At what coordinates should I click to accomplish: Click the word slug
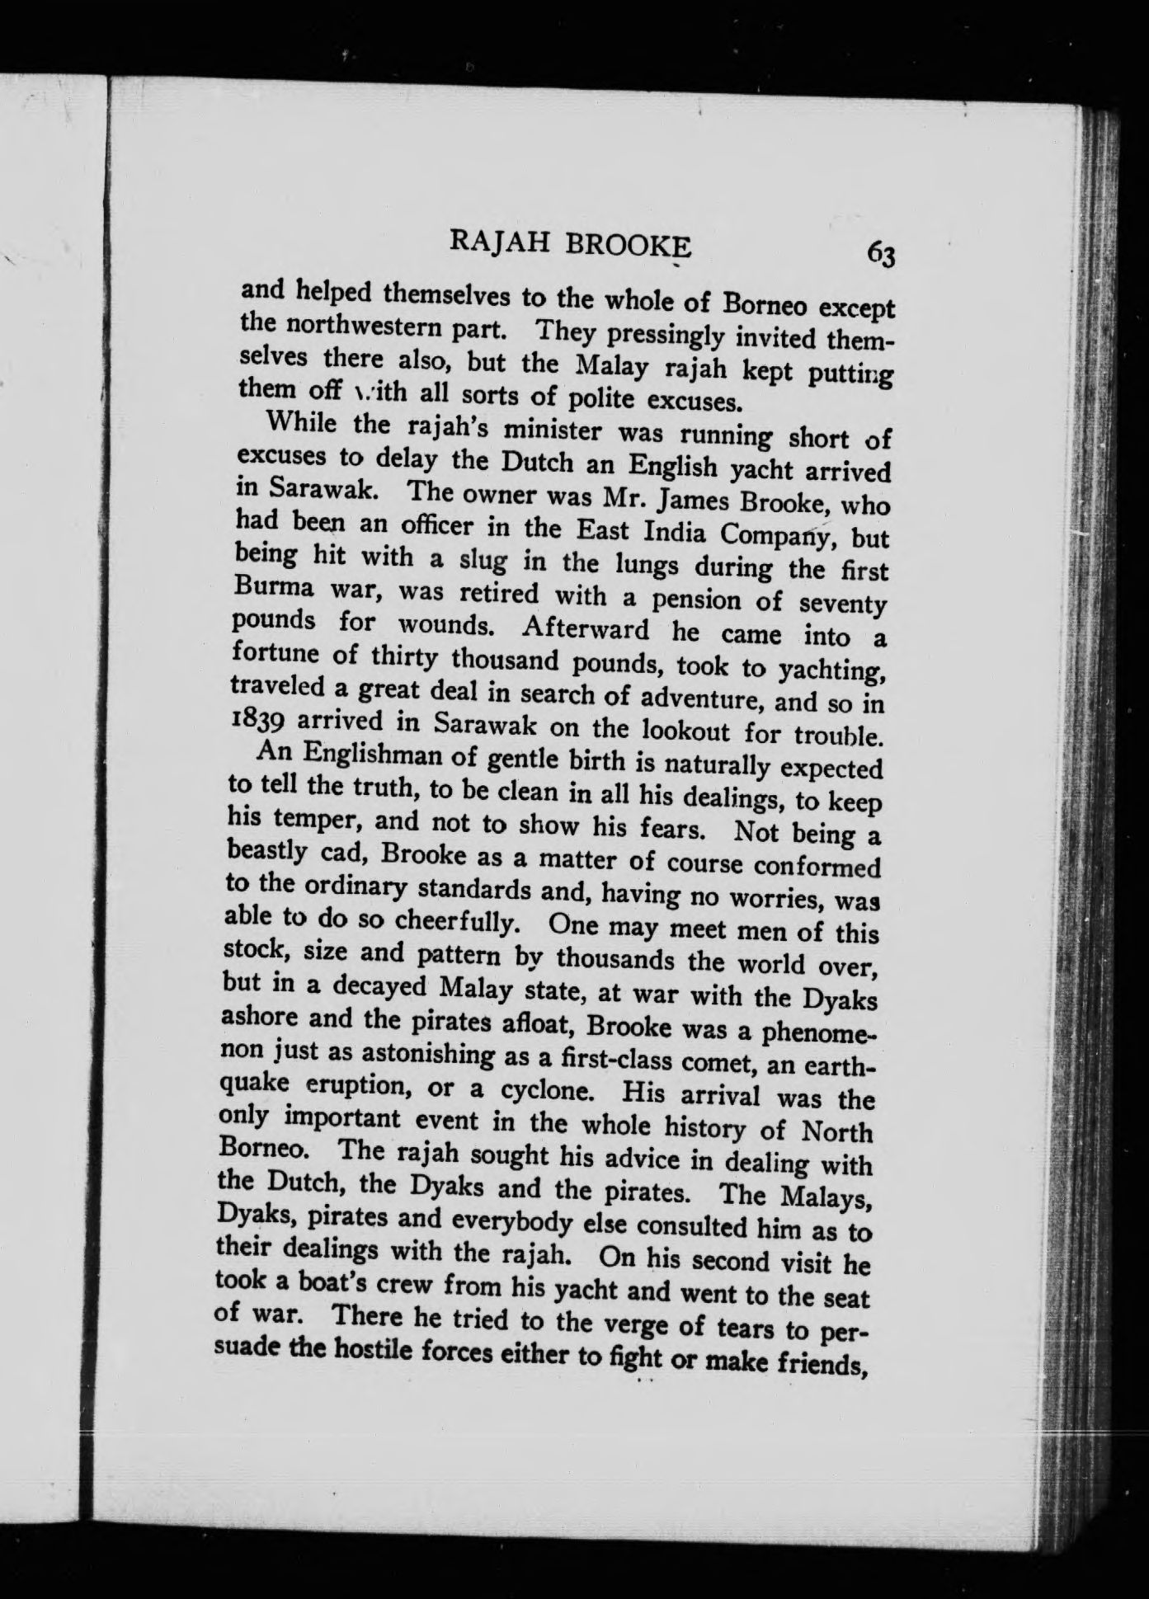pos(459,561)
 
